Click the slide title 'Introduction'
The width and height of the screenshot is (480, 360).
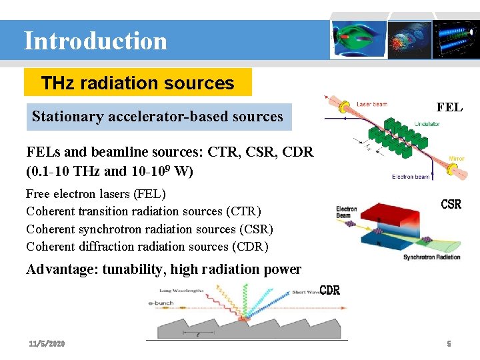(95, 41)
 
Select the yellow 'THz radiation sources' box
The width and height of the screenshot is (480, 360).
(137, 83)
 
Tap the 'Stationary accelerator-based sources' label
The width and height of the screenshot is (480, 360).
(157, 117)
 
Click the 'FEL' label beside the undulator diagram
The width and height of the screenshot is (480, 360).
(449, 107)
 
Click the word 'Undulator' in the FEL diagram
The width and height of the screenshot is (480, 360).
(427, 124)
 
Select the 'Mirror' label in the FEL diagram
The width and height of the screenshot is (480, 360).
(457, 159)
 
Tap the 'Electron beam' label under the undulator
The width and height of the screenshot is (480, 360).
(411, 177)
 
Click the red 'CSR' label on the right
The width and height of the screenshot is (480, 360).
(451, 204)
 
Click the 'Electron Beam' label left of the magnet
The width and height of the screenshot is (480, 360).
(347, 212)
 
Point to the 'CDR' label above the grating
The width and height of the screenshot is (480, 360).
(330, 290)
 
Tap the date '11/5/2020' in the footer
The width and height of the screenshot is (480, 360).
(47, 343)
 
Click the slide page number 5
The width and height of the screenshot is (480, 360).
(449, 343)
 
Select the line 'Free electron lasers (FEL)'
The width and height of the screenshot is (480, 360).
(95, 194)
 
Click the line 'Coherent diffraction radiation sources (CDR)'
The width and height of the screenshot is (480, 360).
(147, 247)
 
